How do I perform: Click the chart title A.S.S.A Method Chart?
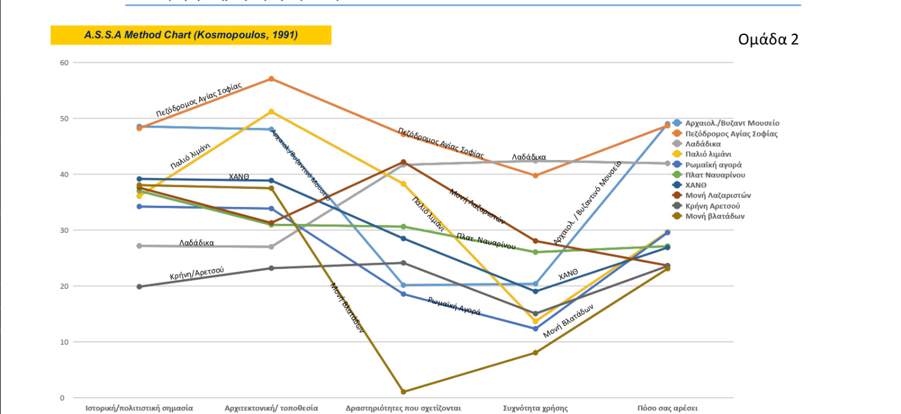coord(191,35)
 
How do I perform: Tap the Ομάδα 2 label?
coord(768,40)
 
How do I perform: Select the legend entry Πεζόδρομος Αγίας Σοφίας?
coord(731,134)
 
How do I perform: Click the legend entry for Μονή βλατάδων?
coord(715,216)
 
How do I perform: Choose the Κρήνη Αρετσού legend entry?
coord(716,206)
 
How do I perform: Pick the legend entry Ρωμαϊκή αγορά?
coord(713,164)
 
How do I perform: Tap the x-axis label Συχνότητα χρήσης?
coord(535,408)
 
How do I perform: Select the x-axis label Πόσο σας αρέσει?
coord(668,408)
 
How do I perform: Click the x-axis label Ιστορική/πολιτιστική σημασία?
coord(139,408)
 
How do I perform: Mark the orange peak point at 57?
coord(271,79)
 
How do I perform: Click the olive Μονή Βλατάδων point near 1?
coord(403,392)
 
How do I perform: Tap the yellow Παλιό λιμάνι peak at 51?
coord(271,112)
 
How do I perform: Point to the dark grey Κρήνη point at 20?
coord(139,286)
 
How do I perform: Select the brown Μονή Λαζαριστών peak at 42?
coord(403,162)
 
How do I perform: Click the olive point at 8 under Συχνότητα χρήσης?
coord(535,353)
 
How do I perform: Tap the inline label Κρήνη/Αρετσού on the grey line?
coord(197,273)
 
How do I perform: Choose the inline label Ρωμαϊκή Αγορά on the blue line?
coord(454,306)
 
